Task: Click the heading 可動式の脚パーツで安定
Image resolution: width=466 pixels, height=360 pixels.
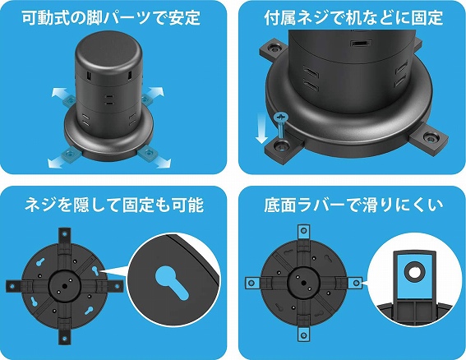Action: tap(111, 17)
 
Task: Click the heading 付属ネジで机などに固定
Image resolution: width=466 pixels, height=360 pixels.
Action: tap(353, 17)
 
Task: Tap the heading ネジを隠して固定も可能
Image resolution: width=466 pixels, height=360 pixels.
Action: tap(113, 205)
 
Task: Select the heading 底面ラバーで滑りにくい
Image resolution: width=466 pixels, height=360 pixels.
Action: tap(353, 205)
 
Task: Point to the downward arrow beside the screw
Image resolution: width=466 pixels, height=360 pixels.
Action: tap(261, 128)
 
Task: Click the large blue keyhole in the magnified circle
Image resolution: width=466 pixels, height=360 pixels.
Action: tap(172, 282)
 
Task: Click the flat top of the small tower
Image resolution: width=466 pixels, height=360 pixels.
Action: tap(108, 48)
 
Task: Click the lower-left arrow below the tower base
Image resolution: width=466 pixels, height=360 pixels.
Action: tap(58, 162)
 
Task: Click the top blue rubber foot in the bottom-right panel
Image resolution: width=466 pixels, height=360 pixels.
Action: tap(303, 231)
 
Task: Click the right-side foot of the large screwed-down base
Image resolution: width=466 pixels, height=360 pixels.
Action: tap(428, 138)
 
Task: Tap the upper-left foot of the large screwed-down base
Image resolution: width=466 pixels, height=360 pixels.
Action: tap(273, 49)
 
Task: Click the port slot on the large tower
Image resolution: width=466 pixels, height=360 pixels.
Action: tap(361, 44)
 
